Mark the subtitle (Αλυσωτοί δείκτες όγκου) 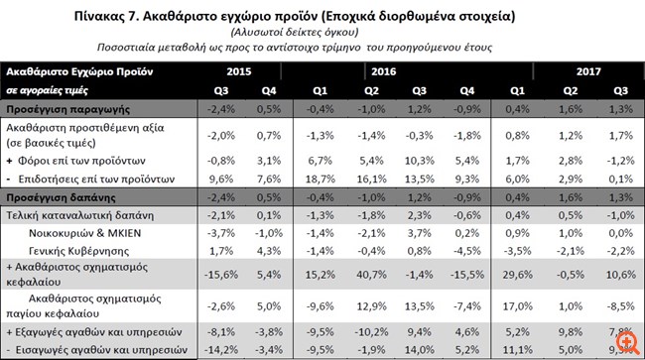click(x=322, y=33)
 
